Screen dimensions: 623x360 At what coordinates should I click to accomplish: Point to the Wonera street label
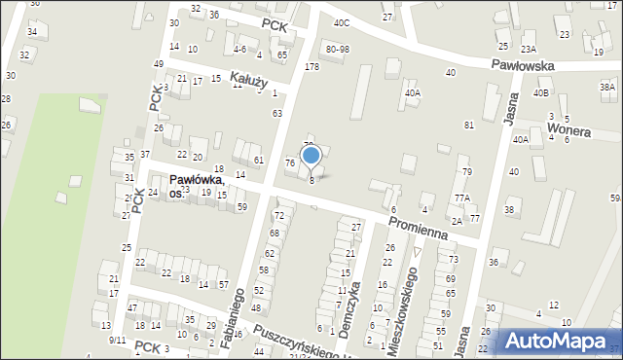click(x=569, y=127)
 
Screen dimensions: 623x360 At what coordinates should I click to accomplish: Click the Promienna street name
click(x=417, y=227)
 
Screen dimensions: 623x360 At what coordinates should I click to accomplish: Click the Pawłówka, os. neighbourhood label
click(x=197, y=186)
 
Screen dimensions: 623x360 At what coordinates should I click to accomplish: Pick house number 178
click(x=311, y=66)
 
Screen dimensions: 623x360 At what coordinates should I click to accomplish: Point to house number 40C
click(x=341, y=22)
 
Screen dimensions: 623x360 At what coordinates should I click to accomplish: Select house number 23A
click(x=529, y=49)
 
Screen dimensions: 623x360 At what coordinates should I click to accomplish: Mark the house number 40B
click(x=541, y=92)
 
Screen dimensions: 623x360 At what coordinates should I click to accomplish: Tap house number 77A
click(x=461, y=198)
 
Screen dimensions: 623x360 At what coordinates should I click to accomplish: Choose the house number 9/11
click(x=118, y=340)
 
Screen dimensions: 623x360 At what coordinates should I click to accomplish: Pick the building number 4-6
click(x=240, y=48)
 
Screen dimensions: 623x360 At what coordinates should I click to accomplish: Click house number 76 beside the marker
click(x=290, y=162)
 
